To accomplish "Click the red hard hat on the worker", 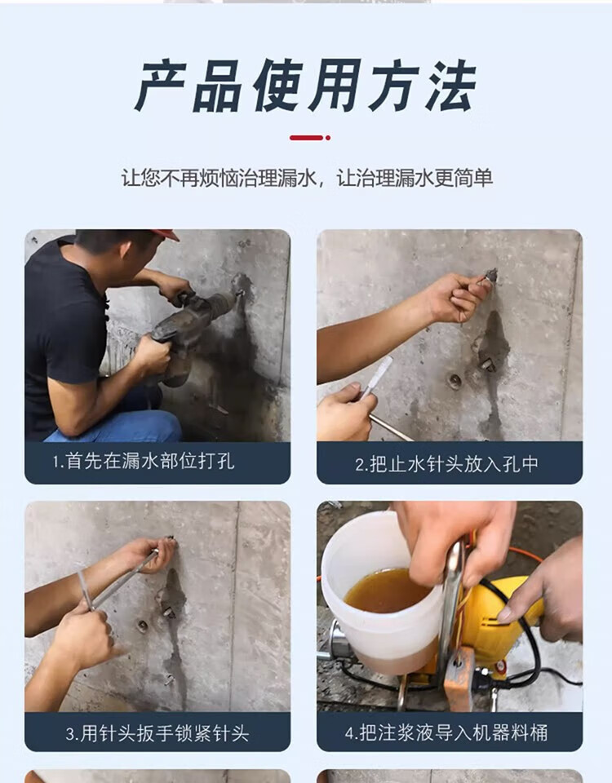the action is point(166,234).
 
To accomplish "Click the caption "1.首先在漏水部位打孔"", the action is point(144,461).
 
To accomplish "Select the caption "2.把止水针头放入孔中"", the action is point(446,464).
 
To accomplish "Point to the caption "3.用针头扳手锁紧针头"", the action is point(157,733).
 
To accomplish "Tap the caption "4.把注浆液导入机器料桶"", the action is point(446,732).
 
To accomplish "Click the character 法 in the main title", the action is point(450,86).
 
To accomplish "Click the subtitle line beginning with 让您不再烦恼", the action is point(307,178).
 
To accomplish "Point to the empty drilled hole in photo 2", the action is point(455,381).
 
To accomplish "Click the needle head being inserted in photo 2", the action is point(490,276).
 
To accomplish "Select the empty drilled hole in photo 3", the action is point(142,626).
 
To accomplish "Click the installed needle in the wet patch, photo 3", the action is point(169,611).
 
